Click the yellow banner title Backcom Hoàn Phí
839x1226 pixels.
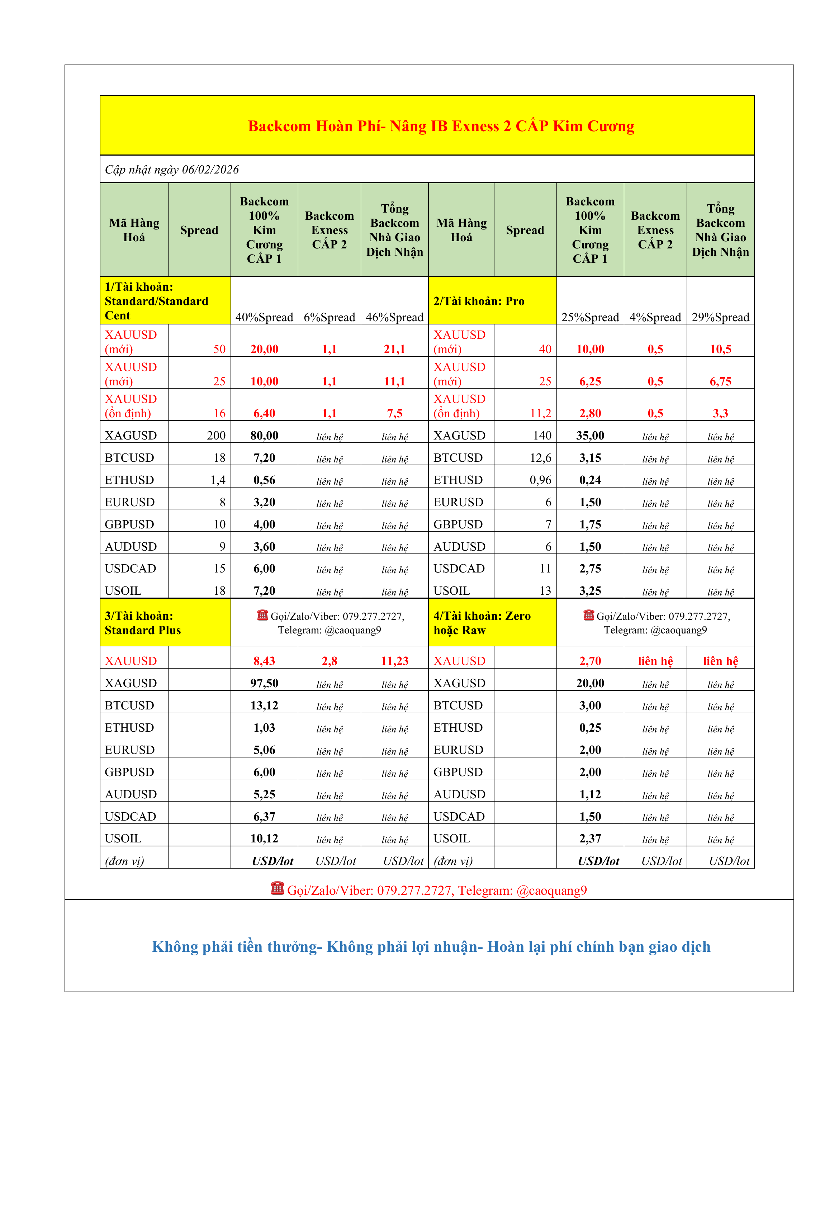441,126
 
